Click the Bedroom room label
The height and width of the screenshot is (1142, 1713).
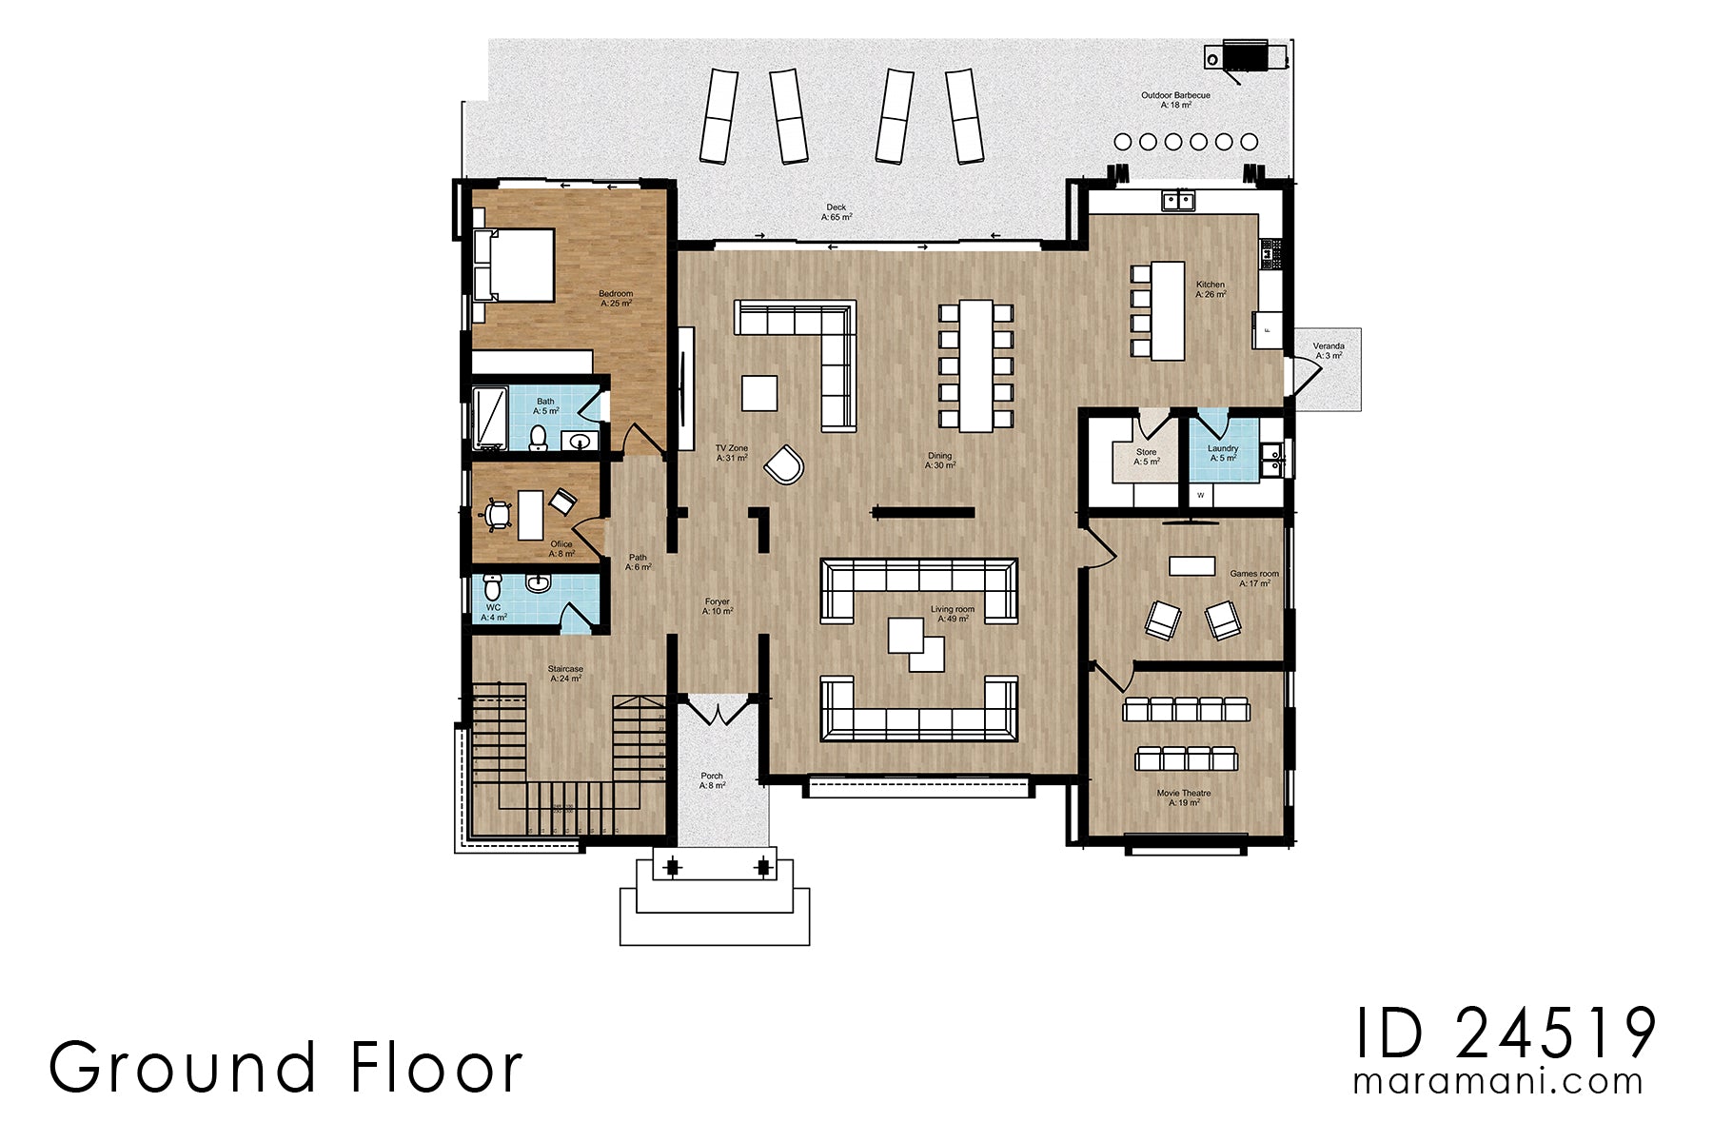pos(616,298)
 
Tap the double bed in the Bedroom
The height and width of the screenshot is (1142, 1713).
pos(513,265)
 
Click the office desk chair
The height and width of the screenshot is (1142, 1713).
pos(497,515)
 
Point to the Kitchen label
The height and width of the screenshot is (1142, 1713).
pos(1211,289)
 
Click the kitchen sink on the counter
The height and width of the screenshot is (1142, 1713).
pos(1178,200)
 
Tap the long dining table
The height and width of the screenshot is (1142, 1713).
pos(975,365)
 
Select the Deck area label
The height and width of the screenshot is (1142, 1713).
pos(837,212)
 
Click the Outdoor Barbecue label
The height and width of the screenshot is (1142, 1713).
pos(1176,100)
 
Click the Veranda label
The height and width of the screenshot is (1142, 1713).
pos(1329,350)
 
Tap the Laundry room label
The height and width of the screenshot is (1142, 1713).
pos(1223,453)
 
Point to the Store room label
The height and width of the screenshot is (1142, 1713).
pos(1147,457)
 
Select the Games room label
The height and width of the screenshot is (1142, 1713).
pos(1254,579)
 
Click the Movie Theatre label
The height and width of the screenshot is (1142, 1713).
pos(1184,797)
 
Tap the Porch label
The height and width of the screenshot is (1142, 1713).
pos(712,780)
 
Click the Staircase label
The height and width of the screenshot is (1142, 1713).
pos(565,674)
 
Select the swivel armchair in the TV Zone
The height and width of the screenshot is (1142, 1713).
pos(784,464)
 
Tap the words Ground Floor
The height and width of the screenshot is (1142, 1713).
pos(285,1067)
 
